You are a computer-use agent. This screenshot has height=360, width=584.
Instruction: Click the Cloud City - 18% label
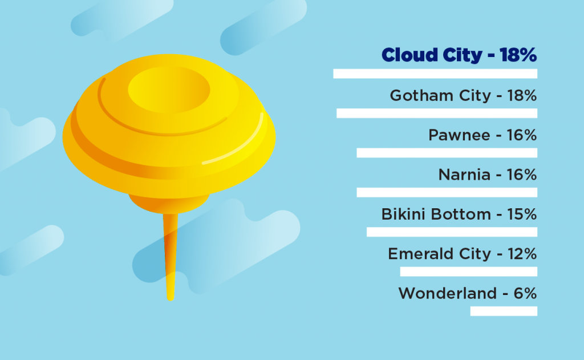tap(459, 55)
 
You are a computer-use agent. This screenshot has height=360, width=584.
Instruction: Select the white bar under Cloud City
tap(435, 74)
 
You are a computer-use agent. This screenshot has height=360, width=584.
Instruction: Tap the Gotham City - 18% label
tap(463, 96)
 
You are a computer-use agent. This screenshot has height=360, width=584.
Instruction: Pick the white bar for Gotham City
tap(437, 114)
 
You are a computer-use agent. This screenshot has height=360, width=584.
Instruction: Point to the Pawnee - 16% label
tap(482, 135)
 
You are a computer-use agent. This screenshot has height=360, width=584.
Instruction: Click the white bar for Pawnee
tap(447, 153)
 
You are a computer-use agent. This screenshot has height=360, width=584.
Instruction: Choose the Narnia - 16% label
tap(488, 175)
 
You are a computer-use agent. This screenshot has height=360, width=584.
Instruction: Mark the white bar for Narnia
tap(447, 192)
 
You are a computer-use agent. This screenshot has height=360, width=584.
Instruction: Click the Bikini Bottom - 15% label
tap(459, 215)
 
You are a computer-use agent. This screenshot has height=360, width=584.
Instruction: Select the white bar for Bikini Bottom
tap(452, 232)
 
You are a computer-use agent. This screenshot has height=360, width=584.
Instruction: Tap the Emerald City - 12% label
tap(463, 254)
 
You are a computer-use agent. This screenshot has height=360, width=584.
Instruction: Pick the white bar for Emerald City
tap(469, 272)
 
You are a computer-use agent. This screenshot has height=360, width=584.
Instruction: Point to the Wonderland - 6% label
tap(468, 293)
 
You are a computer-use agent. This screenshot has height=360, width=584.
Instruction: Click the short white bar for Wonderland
tap(504, 311)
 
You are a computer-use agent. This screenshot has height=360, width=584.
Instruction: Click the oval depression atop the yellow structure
tap(169, 90)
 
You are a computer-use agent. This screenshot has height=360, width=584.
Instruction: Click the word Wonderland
tap(448, 293)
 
